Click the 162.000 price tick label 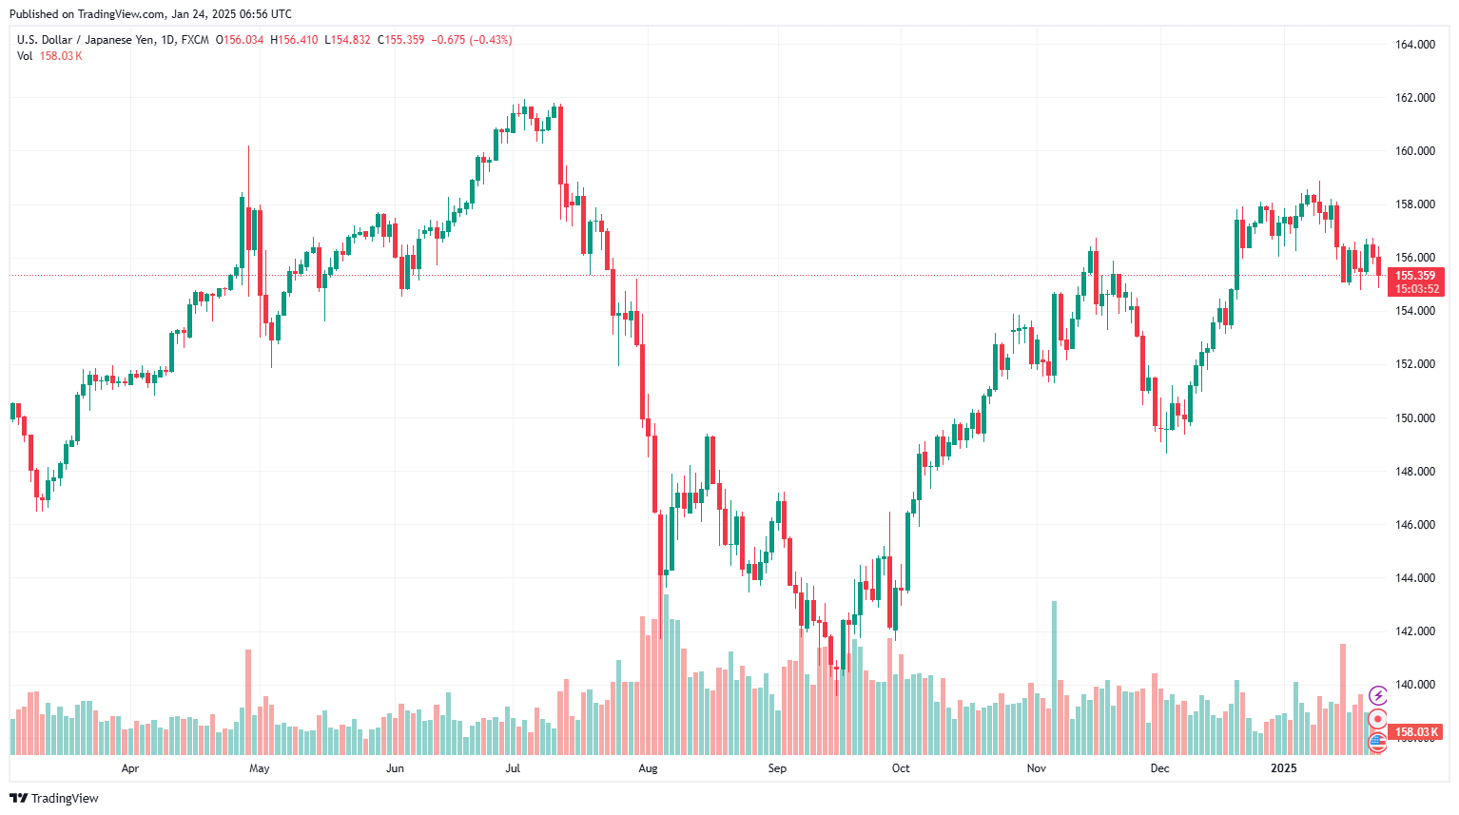point(1414,98)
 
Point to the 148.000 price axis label point(1414,472)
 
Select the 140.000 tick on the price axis point(1414,685)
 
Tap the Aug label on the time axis point(648,768)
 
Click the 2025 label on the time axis point(1284,768)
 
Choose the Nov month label point(1037,768)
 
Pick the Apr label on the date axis point(130,768)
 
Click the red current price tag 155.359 point(1415,276)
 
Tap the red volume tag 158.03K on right point(1415,732)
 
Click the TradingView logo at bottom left point(54,798)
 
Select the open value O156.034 point(240,40)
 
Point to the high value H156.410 point(294,40)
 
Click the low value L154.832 point(347,40)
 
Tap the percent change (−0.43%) point(491,40)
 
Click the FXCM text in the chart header point(195,40)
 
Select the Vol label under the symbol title point(25,56)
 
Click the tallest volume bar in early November point(1054,677)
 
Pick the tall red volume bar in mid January point(1343,699)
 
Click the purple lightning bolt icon point(1377,696)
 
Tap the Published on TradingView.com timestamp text point(150,14)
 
